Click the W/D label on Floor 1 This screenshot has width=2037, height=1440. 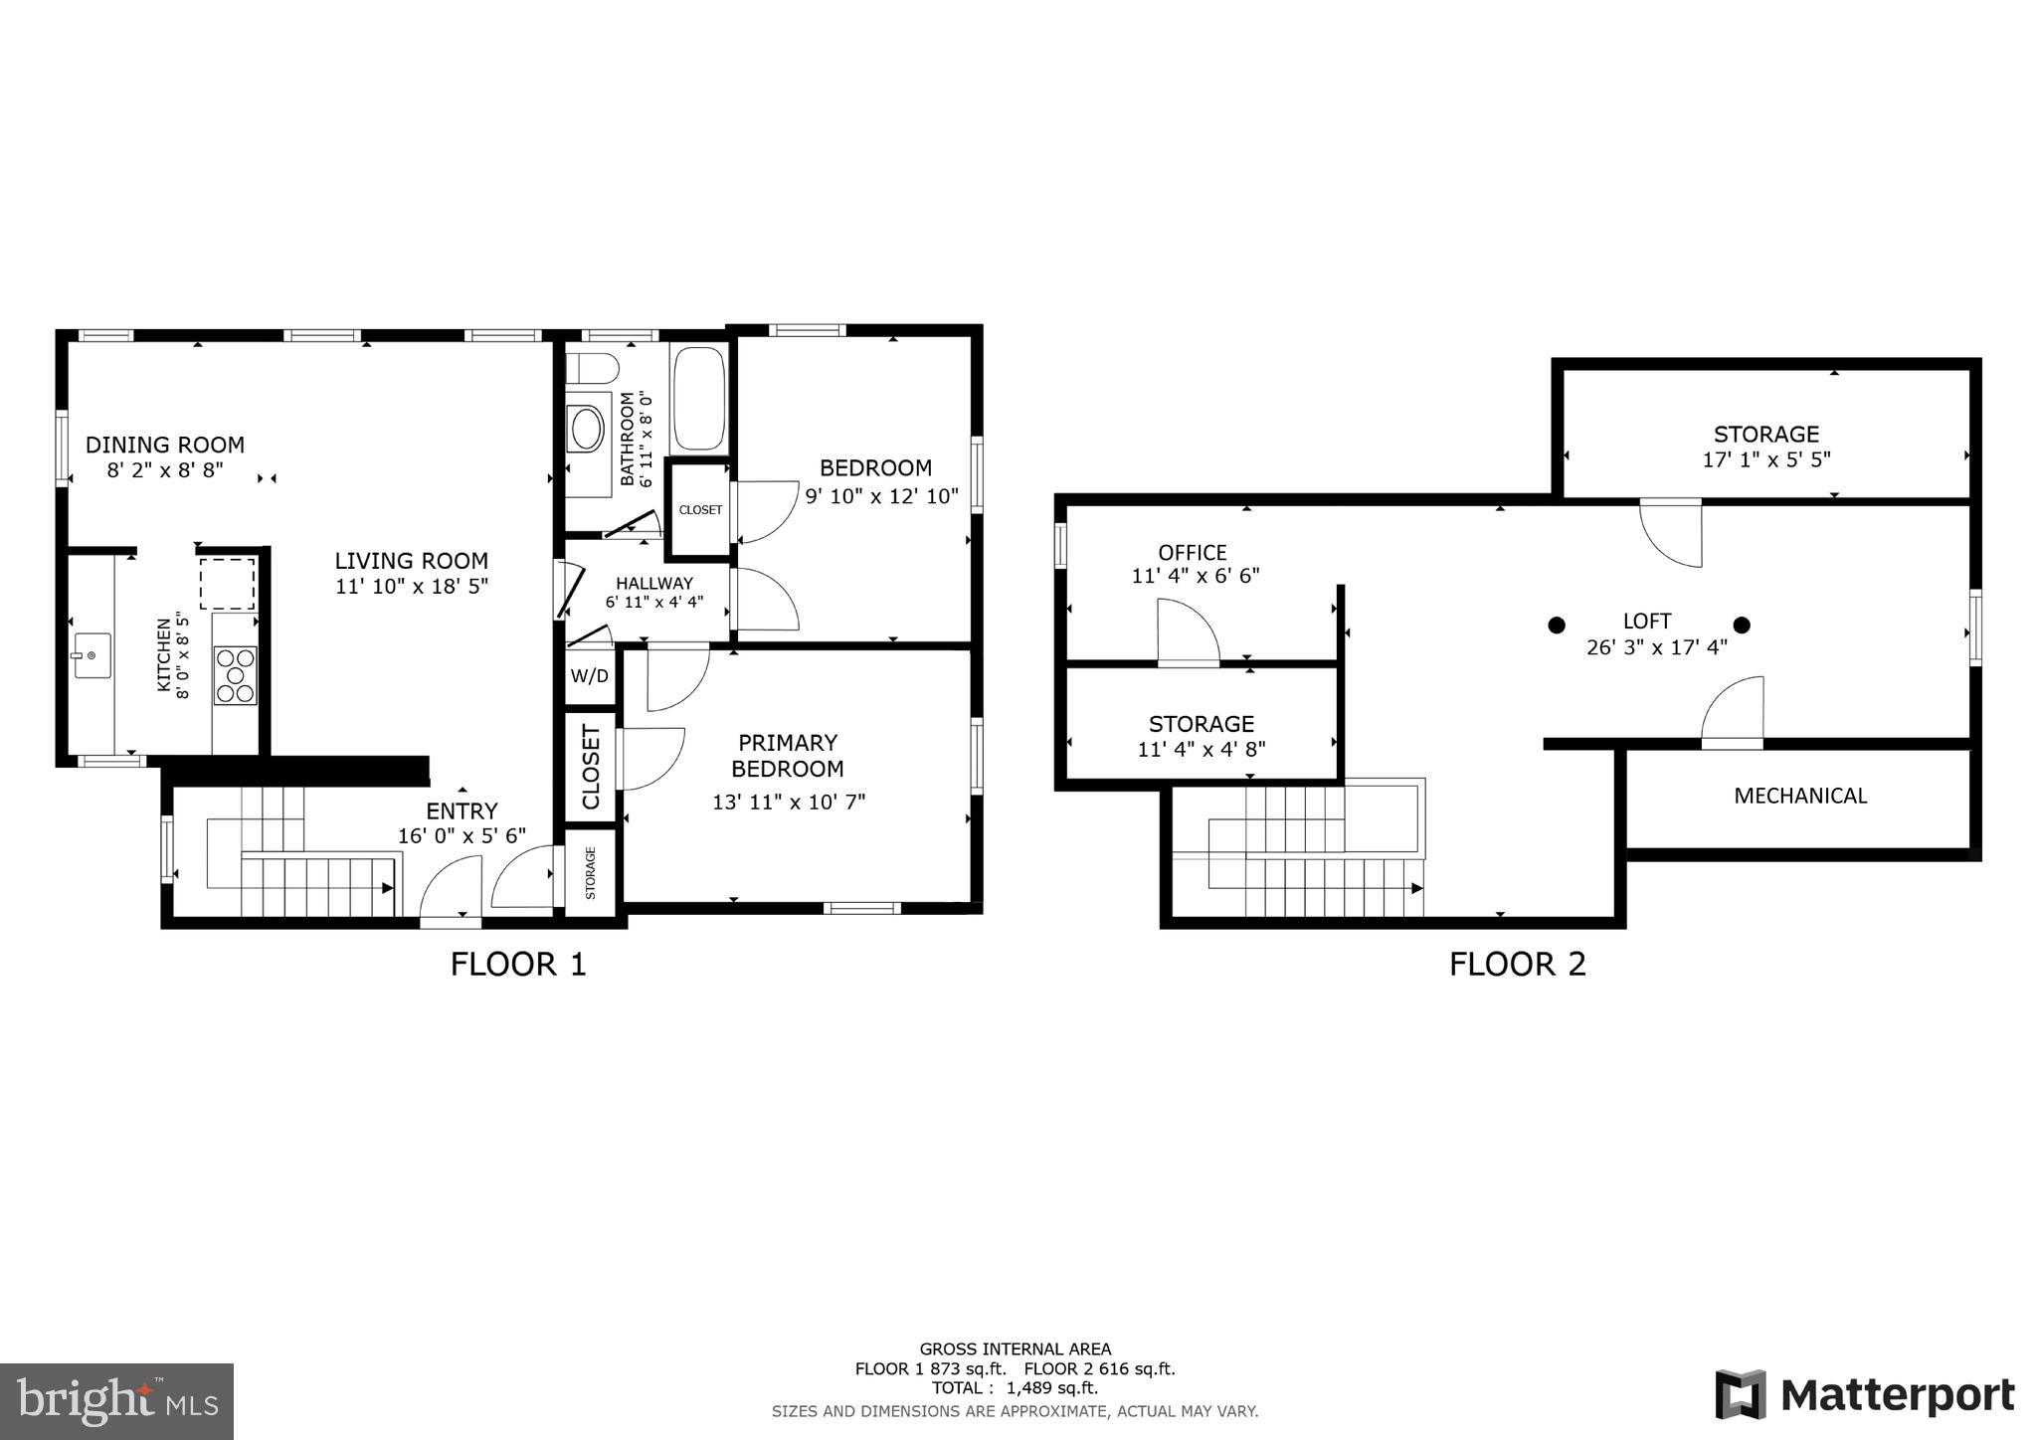(589, 676)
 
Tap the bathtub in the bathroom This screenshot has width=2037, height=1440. (699, 399)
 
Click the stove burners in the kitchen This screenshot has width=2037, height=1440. (236, 675)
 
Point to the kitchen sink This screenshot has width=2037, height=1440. (91, 655)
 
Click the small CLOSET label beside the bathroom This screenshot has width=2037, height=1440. (700, 510)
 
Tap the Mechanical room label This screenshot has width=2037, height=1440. (1799, 796)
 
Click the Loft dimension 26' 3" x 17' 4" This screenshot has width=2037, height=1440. (1656, 647)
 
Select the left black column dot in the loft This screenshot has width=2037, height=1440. (1557, 625)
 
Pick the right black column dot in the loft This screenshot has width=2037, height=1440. (1742, 625)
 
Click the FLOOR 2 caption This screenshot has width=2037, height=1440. (1516, 964)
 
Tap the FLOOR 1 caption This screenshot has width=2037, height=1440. (518, 964)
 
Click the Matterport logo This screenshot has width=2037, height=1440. (1864, 1394)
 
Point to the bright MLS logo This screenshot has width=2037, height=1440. (116, 1401)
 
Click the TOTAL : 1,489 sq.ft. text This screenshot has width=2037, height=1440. (1015, 1387)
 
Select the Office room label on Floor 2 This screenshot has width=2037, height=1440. (1192, 552)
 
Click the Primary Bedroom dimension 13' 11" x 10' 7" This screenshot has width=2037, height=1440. (789, 802)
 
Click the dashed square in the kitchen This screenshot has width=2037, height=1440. (228, 584)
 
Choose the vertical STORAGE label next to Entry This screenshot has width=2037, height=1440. (590, 872)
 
